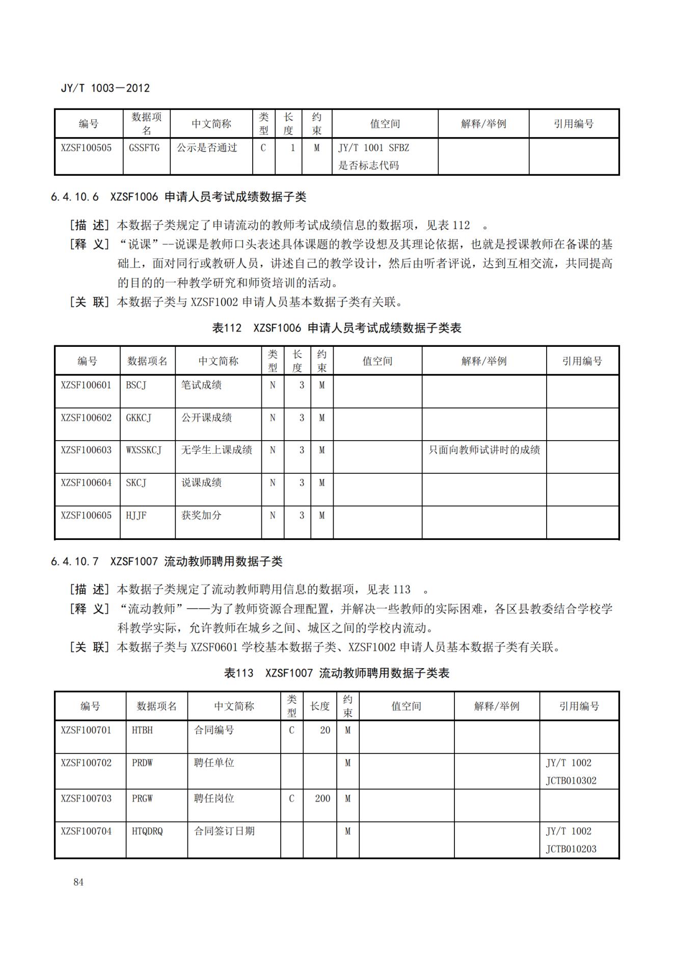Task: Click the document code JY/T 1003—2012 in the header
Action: point(105,88)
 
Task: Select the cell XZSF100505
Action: point(86,148)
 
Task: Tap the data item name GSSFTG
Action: point(144,148)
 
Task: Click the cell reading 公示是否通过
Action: point(207,148)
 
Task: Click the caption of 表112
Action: point(336,328)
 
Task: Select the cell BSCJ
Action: point(136,385)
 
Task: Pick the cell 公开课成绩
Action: point(206,418)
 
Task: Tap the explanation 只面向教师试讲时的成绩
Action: point(484,450)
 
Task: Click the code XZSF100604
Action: point(86,483)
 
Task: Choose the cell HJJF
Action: point(136,515)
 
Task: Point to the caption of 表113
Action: point(336,673)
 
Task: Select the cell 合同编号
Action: point(214,730)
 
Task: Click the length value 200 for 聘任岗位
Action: point(322,799)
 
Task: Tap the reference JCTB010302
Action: point(571,781)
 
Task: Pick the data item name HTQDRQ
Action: point(147,831)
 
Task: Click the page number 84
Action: point(78,882)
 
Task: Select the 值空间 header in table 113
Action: point(406,706)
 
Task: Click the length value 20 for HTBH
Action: point(325,730)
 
